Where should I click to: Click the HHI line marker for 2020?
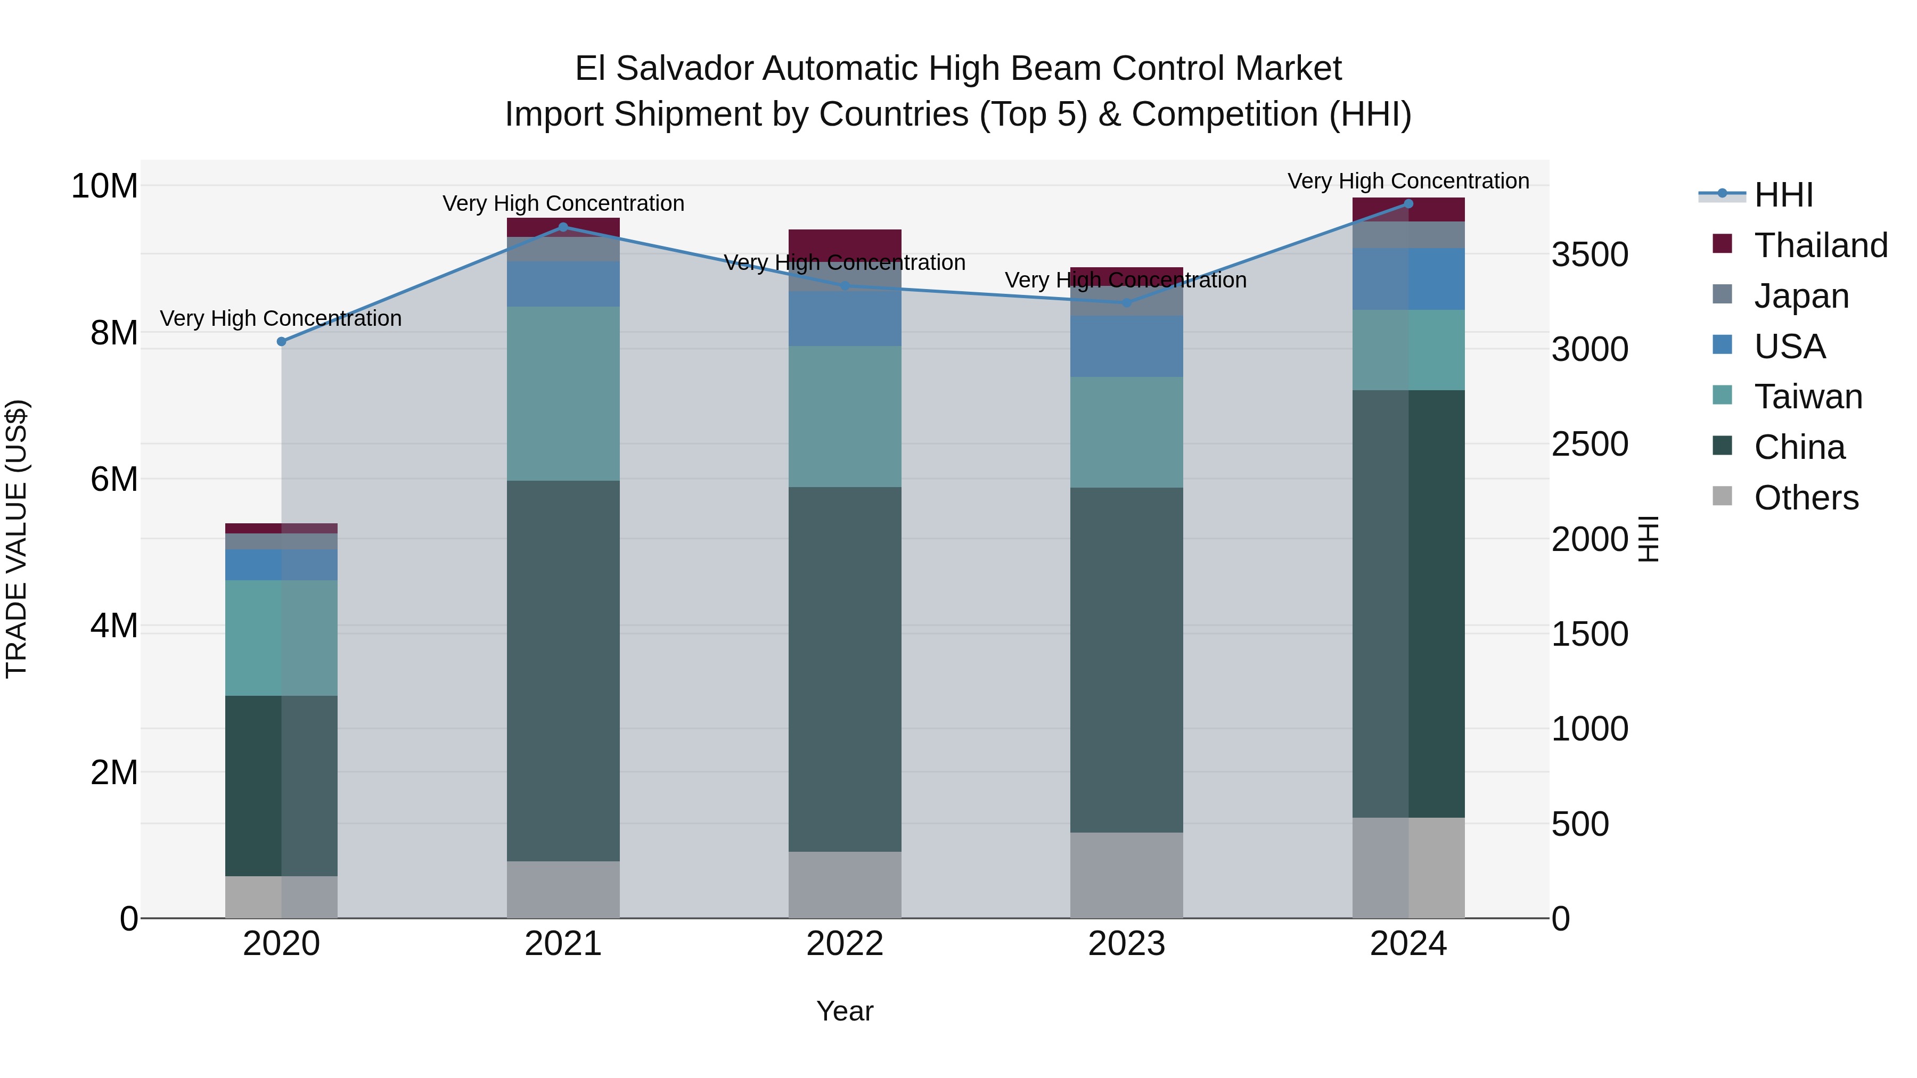pos(281,341)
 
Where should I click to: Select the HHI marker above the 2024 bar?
pos(1408,204)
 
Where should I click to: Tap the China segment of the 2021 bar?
pos(563,670)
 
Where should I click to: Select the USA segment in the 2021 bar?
pos(563,283)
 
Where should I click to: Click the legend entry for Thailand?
pos(1820,245)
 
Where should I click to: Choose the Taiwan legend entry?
pos(1808,397)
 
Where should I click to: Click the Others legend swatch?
pos(1722,496)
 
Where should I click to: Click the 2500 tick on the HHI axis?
pos(1590,444)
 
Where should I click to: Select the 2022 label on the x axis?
pos(845,944)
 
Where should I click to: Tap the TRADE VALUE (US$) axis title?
pos(17,539)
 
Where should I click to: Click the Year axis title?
pos(845,1011)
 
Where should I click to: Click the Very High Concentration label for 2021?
pos(563,203)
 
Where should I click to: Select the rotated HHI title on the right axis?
pos(1649,539)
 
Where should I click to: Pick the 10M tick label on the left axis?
pos(104,186)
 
